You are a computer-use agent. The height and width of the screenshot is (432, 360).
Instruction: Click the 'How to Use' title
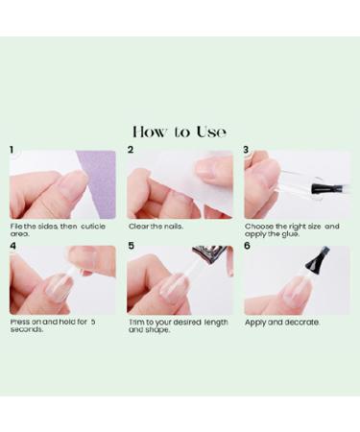click(180, 132)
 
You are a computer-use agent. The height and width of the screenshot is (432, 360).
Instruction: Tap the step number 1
click(12, 151)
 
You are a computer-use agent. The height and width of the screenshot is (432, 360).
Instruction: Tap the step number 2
click(130, 151)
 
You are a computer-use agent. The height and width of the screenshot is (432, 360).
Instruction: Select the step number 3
click(247, 151)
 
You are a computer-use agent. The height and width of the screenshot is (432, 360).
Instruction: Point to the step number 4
click(12, 247)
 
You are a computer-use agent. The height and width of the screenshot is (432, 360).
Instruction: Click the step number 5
click(131, 247)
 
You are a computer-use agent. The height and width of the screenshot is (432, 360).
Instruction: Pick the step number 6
click(248, 247)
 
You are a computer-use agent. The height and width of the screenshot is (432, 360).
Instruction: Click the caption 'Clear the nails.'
click(156, 227)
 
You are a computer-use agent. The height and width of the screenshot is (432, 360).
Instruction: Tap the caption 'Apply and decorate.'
click(281, 323)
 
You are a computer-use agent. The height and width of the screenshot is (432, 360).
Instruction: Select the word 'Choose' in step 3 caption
click(259, 227)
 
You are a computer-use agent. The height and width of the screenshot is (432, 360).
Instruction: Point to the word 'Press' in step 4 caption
click(19, 323)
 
